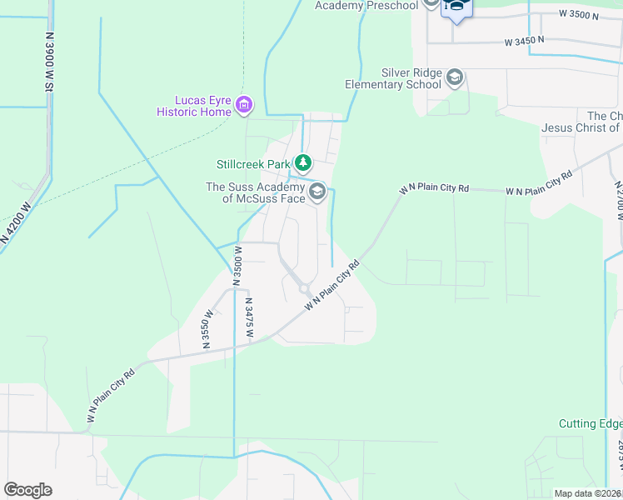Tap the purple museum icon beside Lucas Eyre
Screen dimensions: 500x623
click(x=244, y=105)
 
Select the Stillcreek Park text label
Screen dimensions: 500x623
click(x=252, y=163)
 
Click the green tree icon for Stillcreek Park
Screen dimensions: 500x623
click(x=305, y=162)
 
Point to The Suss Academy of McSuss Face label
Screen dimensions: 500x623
click(x=256, y=192)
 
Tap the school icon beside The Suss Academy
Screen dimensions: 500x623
click(x=316, y=192)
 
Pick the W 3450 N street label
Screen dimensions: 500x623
click(x=524, y=40)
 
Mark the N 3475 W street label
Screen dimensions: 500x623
click(x=249, y=317)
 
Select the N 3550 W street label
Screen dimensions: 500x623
click(x=207, y=329)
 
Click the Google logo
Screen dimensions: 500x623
click(x=28, y=489)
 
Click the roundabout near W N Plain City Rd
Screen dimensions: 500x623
click(x=305, y=289)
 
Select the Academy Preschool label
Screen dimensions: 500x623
click(x=366, y=6)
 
